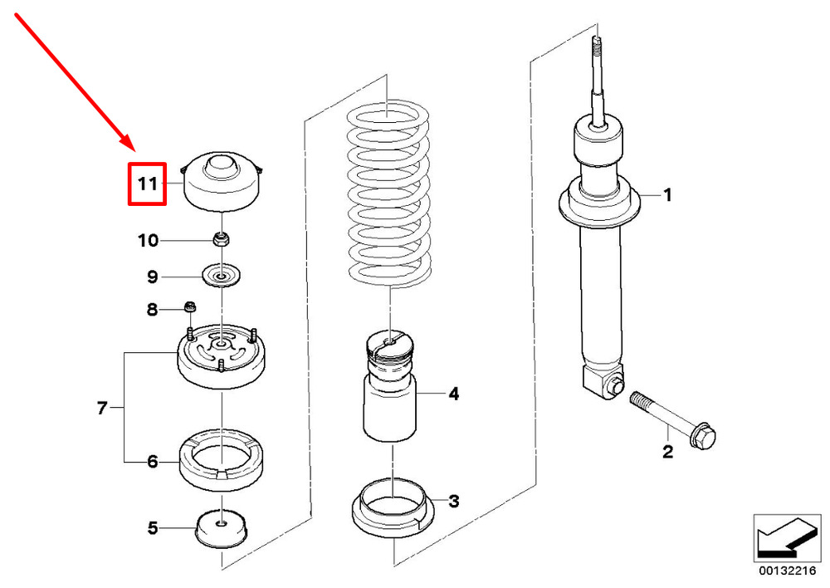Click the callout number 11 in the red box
pos(148,184)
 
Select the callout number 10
pos(149,241)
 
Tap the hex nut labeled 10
pos(221,238)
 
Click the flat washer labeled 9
pos(222,276)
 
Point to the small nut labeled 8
pos(190,306)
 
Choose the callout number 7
pos(102,408)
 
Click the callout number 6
pos(153,462)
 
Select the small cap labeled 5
pos(222,529)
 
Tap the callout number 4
pos(454,394)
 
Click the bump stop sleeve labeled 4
pos(390,387)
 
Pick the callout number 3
pos(454,501)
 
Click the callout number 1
pos(667,195)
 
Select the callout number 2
pos(667,452)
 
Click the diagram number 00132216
pos(787,571)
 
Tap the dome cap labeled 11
pos(222,182)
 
